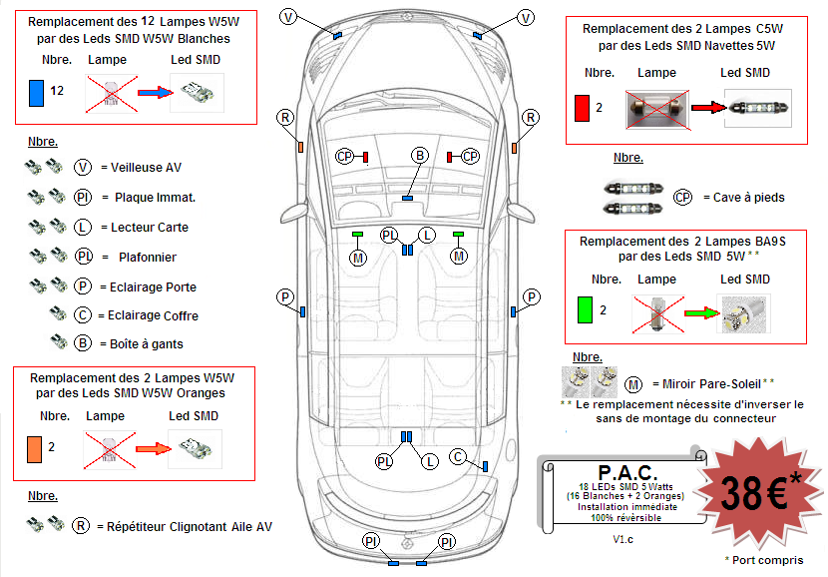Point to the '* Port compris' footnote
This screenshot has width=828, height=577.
tap(764, 560)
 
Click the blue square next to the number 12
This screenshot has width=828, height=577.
tap(36, 92)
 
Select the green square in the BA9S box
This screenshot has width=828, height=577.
tap(584, 310)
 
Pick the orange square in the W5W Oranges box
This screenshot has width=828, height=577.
tap(35, 447)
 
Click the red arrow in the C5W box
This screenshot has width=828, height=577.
tap(704, 107)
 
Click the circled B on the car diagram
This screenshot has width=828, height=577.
tap(420, 156)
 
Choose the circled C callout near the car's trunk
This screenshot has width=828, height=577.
tap(458, 456)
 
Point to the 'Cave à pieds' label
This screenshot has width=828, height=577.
tap(743, 198)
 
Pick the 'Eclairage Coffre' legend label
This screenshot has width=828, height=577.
tap(149, 315)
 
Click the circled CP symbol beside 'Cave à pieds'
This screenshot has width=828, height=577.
tap(683, 198)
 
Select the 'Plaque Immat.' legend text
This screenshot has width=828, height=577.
tap(155, 198)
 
